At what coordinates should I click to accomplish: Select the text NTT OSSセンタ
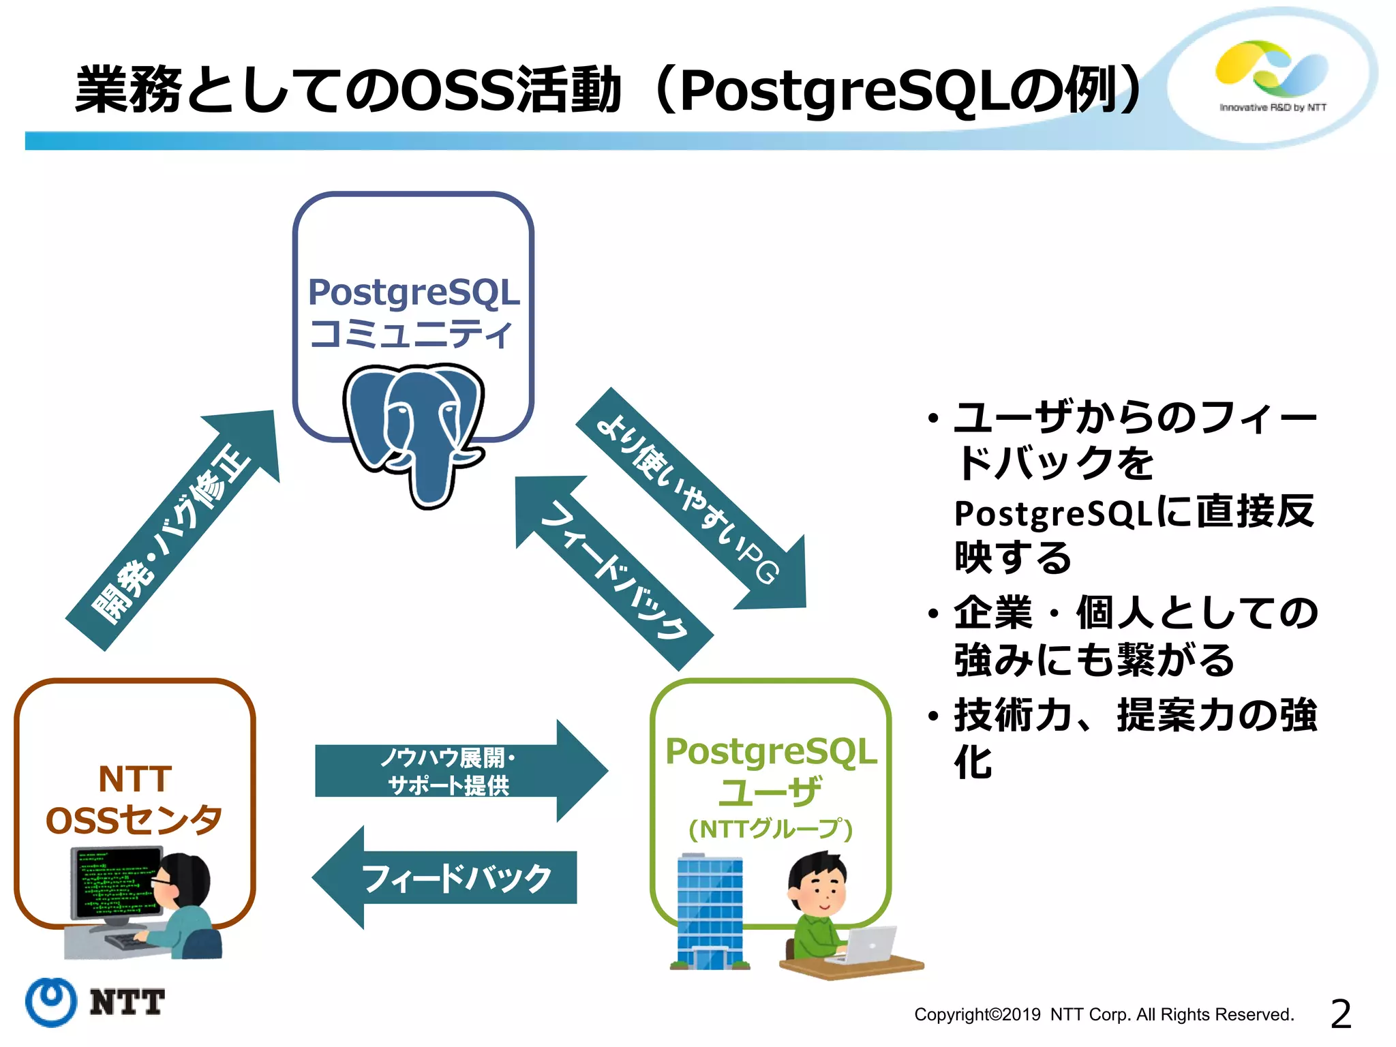point(134,800)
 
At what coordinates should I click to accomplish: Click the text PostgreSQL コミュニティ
point(413,312)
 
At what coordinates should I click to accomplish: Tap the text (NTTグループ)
point(770,829)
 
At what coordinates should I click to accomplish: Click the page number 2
point(1340,1014)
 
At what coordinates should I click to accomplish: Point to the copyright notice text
point(1104,1014)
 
